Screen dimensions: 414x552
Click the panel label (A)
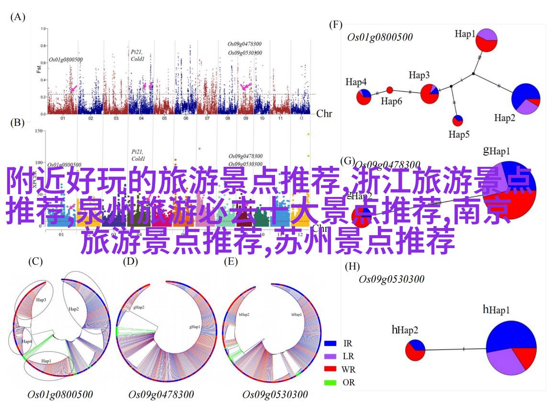[17, 17]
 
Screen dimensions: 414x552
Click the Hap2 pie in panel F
[526, 99]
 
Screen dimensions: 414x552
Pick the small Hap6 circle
[389, 90]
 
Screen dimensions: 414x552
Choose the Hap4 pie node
[364, 97]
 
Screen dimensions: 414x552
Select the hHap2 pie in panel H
[415, 350]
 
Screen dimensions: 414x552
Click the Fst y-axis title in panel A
[39, 69]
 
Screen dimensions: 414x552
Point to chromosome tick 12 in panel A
[301, 118]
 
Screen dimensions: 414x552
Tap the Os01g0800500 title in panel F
[380, 37]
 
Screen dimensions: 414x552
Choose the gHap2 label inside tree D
[139, 307]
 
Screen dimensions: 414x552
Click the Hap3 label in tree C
[41, 300]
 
